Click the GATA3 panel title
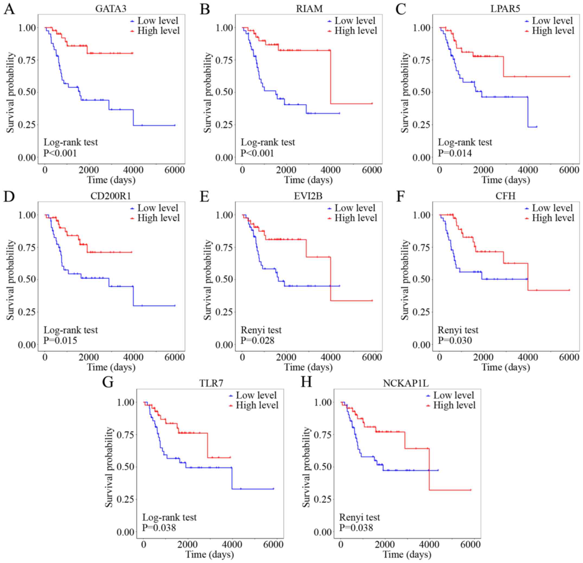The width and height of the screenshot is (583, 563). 111,9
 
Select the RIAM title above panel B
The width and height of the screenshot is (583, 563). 309,9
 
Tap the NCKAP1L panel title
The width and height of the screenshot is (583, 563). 406,383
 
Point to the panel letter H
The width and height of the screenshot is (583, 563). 307,382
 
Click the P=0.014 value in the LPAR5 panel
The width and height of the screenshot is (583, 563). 455,153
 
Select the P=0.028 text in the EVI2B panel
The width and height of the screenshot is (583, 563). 257,340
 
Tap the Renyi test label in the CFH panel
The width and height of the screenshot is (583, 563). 458,330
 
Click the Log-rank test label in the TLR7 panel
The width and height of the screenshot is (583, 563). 169,517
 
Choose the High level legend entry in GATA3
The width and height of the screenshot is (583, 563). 159,31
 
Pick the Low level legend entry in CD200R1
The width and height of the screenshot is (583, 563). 158,208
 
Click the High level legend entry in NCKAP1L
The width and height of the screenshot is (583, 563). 454,405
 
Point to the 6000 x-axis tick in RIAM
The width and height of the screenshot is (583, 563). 372,170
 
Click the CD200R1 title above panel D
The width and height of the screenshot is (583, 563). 111,196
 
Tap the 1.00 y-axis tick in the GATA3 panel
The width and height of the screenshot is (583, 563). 27,28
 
